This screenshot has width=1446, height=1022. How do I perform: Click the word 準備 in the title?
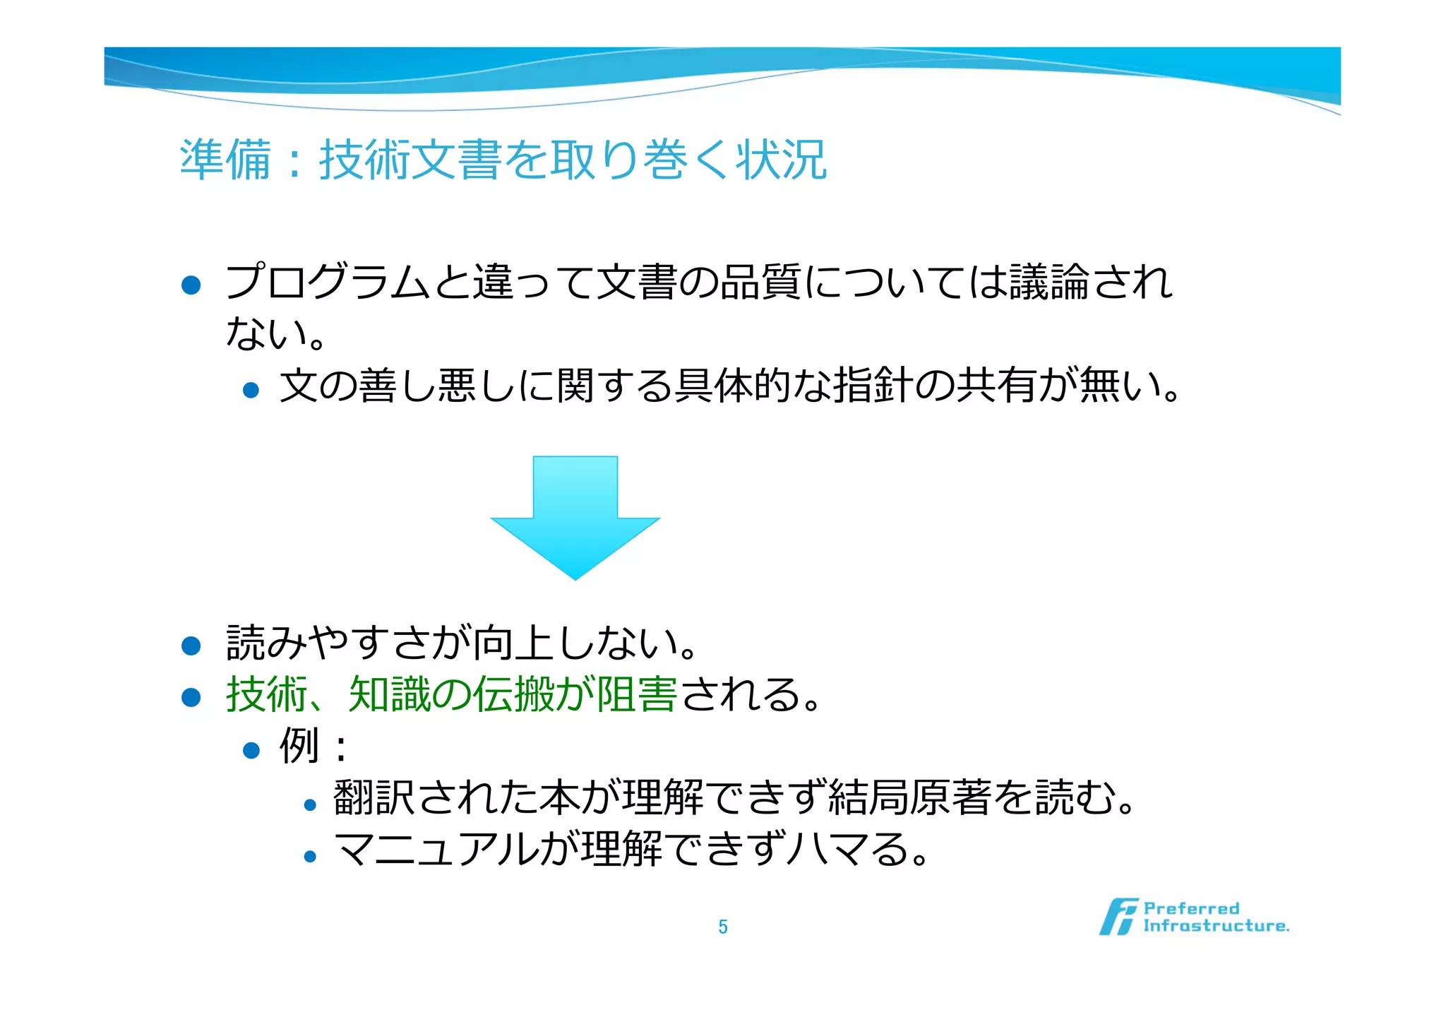[225, 160]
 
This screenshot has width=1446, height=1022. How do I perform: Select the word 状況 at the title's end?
[781, 160]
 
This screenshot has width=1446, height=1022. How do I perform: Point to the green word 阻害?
[637, 694]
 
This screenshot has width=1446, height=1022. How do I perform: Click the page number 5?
[722, 927]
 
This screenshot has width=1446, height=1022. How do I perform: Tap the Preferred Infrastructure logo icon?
[1118, 917]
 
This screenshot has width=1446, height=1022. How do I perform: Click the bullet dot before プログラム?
[191, 285]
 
